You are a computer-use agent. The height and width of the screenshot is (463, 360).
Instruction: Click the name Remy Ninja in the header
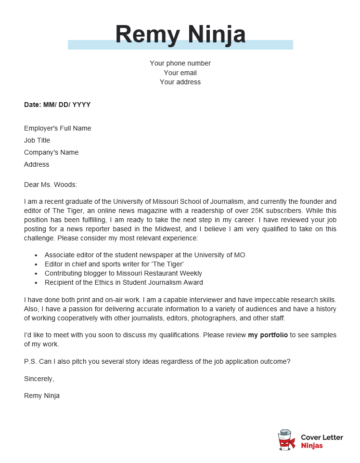[x=180, y=37]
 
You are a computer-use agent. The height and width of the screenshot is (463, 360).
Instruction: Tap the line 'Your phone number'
[x=180, y=63]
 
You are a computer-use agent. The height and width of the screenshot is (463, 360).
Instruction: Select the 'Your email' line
[x=180, y=73]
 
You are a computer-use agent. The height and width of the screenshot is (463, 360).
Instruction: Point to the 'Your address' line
[x=180, y=82]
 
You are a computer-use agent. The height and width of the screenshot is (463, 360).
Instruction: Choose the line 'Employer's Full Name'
[x=58, y=128]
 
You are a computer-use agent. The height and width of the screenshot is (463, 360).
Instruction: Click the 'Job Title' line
[x=37, y=140]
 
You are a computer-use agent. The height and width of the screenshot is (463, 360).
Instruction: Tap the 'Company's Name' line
[x=51, y=152]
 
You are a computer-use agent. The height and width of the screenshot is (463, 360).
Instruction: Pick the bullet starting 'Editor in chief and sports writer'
[x=112, y=265]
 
